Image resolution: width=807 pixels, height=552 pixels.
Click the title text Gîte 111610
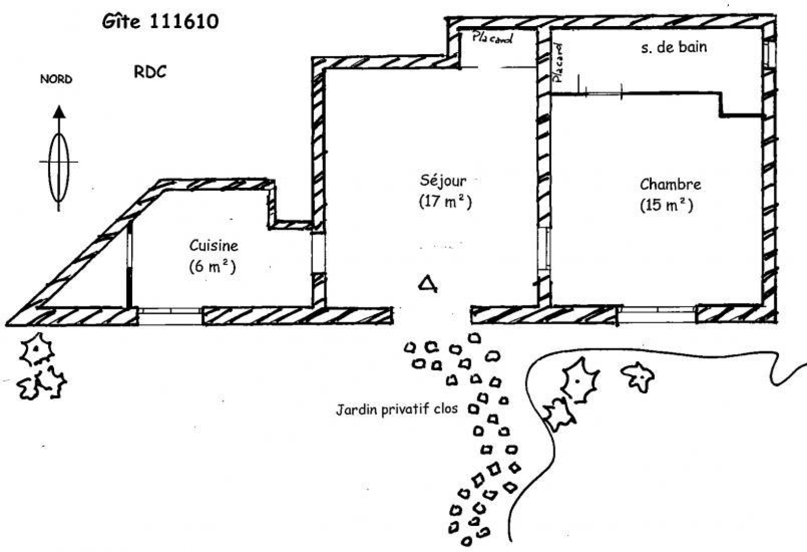(x=160, y=21)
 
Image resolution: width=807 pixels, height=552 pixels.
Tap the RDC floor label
(x=150, y=72)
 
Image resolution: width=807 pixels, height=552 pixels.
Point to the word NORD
(x=56, y=79)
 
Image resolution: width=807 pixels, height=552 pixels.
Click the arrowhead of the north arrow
(x=59, y=111)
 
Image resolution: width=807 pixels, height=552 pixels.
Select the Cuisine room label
(x=213, y=246)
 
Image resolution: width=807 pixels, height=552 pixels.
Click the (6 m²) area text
(x=212, y=267)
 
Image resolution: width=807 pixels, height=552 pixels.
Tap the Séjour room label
(x=443, y=180)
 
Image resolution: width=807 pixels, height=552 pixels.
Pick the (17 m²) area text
(x=445, y=201)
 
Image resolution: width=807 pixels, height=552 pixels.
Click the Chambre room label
(x=670, y=185)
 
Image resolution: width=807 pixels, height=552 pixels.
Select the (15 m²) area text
(x=666, y=205)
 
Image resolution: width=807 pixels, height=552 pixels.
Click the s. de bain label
(x=674, y=48)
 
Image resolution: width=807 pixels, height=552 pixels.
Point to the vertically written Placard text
(x=558, y=63)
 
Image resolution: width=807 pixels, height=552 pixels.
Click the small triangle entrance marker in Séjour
(x=428, y=284)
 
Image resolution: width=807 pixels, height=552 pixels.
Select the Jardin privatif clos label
(x=396, y=409)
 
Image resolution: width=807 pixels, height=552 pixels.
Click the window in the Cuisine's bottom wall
(x=170, y=316)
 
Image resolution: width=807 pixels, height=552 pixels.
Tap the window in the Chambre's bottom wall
(x=656, y=314)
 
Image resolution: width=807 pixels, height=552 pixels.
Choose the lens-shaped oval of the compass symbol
(x=59, y=168)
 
